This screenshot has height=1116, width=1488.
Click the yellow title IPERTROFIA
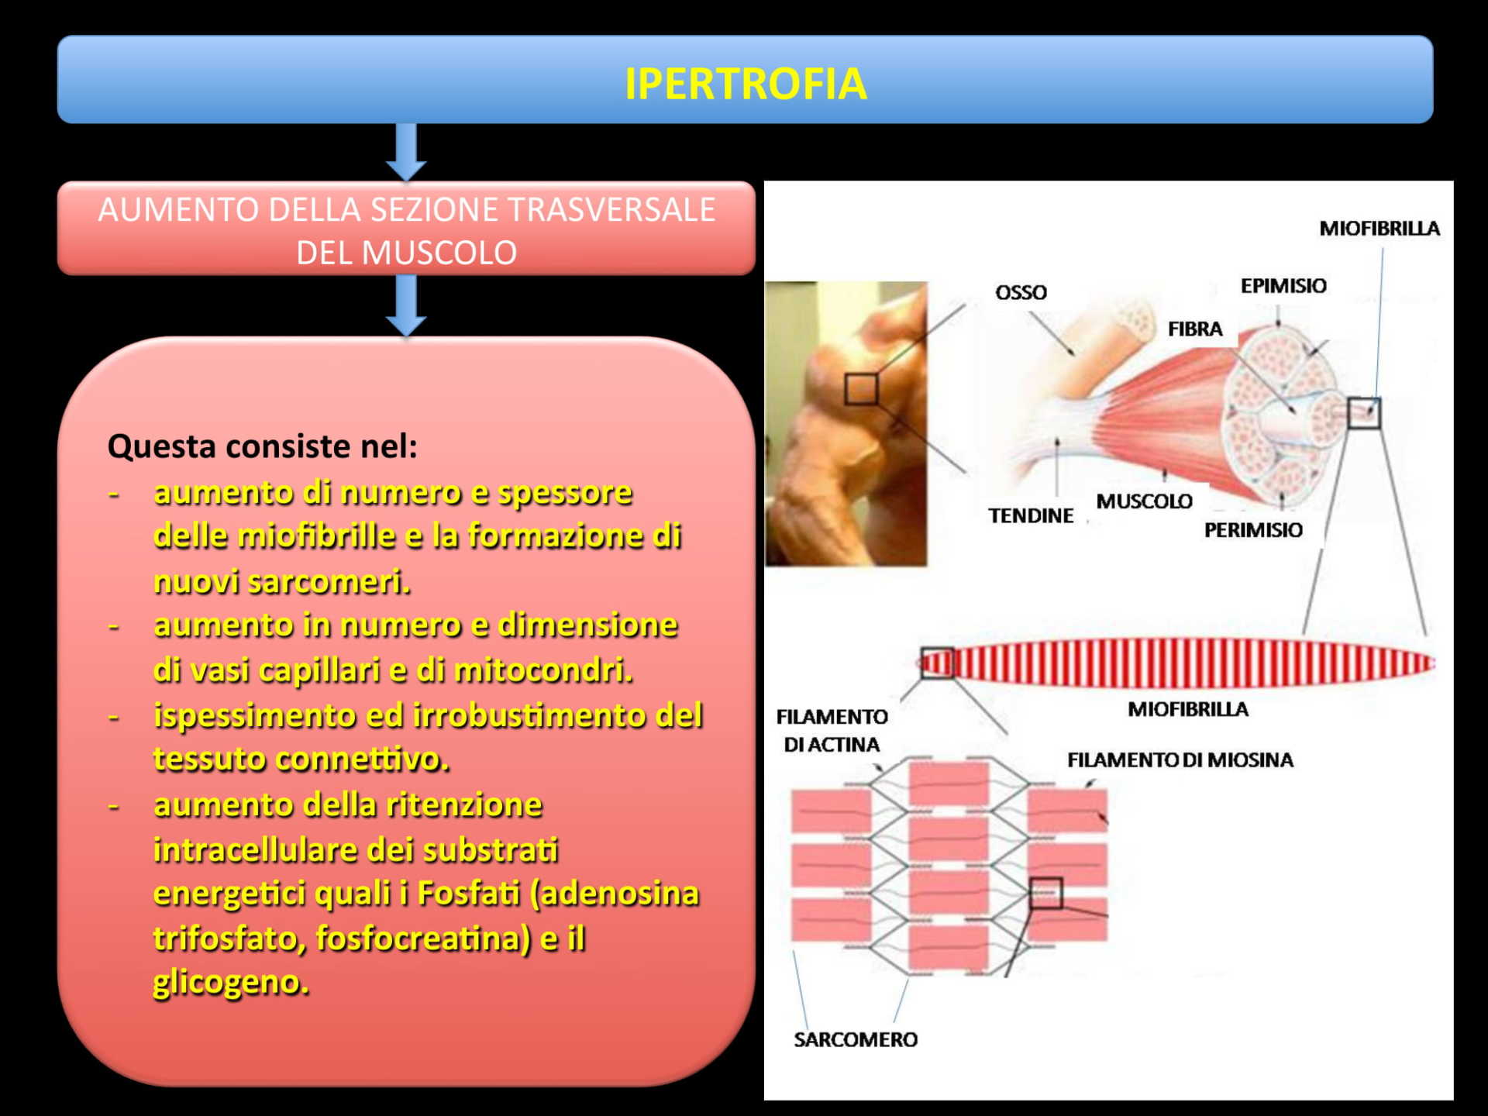[746, 84]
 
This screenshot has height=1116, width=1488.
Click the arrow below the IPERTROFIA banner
[406, 152]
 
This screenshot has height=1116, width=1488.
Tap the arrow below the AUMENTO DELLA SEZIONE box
[406, 305]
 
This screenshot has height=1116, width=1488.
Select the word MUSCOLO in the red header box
[439, 253]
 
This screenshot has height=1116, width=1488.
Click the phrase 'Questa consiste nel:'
[263, 446]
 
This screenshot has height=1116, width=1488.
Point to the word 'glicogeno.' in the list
[231, 983]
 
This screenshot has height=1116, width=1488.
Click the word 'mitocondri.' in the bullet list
[543, 670]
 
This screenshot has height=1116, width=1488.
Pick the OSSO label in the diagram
[1021, 292]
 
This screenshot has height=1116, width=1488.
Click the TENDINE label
[1031, 515]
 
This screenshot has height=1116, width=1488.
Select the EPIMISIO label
[1283, 286]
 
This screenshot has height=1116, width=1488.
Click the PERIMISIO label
[1253, 530]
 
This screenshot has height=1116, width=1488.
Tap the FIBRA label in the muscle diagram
[1195, 329]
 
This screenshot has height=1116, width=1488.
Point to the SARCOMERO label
[856, 1040]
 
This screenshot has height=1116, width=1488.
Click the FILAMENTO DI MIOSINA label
[1180, 760]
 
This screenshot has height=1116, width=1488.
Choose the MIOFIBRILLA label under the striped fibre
[1188, 710]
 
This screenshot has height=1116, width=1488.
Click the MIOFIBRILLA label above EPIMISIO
[1379, 229]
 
